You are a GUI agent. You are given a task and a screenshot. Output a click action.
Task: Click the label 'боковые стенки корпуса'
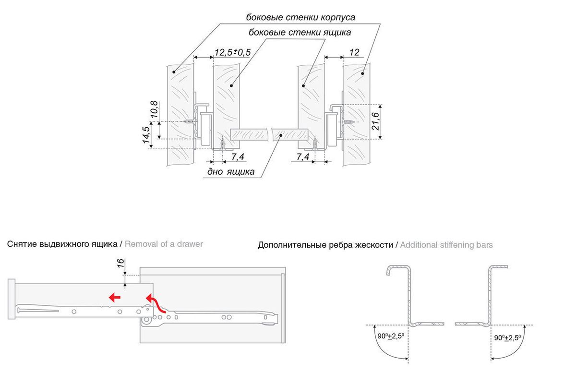tap(300, 18)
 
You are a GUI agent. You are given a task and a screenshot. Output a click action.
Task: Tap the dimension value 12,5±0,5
tap(232, 52)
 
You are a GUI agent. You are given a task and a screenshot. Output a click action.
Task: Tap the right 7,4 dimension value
tap(302, 157)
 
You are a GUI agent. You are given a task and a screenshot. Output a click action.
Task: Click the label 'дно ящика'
tap(231, 172)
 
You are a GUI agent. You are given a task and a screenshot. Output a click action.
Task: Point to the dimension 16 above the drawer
tap(120, 264)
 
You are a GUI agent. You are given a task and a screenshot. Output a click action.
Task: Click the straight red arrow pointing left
tap(114, 297)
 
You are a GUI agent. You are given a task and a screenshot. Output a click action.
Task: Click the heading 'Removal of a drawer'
tap(164, 244)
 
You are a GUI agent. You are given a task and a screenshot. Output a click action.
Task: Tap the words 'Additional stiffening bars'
tap(446, 245)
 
